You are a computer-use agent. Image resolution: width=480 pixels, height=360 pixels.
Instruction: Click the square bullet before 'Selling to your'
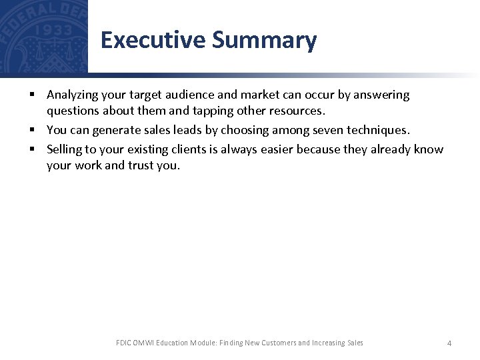(32, 149)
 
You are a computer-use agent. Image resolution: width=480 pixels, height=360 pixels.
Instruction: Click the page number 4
(449, 343)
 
